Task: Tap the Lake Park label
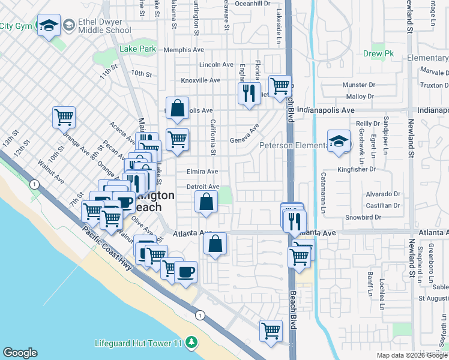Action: click(137, 49)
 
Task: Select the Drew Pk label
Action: click(378, 53)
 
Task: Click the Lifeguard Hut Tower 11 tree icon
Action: click(191, 343)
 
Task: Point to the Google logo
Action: click(20, 353)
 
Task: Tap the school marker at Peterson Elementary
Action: click(339, 142)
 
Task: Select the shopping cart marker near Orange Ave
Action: click(64, 117)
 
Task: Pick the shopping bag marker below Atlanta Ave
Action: click(215, 244)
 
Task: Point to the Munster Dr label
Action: click(359, 85)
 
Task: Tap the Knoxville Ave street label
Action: click(200, 80)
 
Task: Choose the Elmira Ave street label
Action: click(202, 172)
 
